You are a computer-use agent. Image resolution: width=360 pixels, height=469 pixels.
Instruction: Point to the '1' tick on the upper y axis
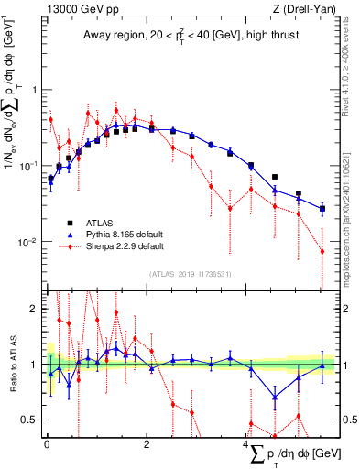click(36, 90)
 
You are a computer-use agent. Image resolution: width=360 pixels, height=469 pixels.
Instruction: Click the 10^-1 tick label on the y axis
click(30, 166)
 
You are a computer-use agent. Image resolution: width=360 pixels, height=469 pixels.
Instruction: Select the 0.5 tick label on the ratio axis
click(32, 420)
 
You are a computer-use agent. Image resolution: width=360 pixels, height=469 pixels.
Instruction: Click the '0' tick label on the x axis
click(47, 444)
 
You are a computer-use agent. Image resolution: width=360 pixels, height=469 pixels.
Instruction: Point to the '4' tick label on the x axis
click(246, 444)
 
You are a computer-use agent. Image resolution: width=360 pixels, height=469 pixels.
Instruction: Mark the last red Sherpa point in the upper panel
click(322, 251)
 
